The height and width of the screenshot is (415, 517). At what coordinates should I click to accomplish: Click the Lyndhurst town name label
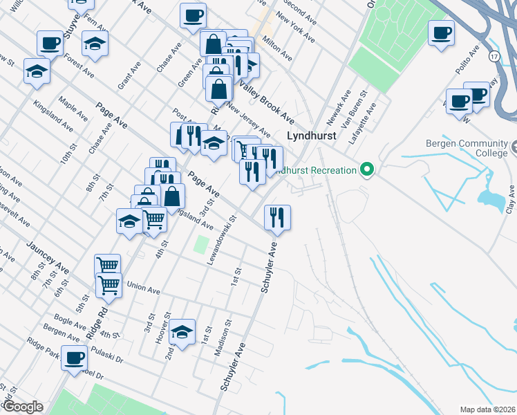click(x=312, y=136)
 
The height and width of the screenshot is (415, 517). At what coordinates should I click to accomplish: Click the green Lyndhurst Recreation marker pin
click(x=368, y=169)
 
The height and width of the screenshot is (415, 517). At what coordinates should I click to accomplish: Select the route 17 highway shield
click(x=493, y=55)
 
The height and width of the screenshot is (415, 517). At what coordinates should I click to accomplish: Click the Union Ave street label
click(x=143, y=286)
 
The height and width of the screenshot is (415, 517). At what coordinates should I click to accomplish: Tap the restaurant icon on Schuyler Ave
click(x=277, y=217)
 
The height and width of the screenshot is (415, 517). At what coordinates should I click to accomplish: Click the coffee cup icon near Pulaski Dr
click(x=74, y=358)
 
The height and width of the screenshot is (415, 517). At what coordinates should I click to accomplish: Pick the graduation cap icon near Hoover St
click(x=182, y=332)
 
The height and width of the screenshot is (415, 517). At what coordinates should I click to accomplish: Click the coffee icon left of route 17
click(x=441, y=32)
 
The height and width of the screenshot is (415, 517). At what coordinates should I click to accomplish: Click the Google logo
click(x=22, y=407)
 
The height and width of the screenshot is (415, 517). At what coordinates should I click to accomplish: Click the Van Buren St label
click(x=357, y=110)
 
